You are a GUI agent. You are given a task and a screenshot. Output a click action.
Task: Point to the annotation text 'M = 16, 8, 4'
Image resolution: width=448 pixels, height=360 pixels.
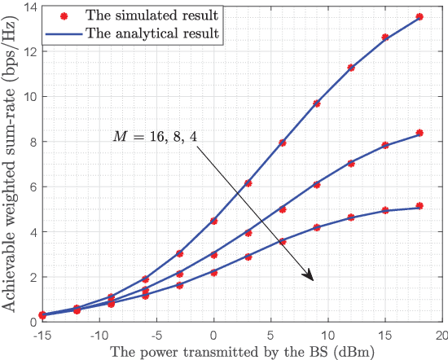pos(155,135)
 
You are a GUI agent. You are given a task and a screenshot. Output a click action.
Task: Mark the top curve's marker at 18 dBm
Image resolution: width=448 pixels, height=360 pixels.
pos(419,16)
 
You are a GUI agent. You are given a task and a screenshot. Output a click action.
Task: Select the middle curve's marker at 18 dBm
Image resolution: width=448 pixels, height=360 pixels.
pos(419,133)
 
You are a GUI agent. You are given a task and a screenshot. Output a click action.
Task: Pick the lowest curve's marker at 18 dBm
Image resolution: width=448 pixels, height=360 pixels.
pos(419,206)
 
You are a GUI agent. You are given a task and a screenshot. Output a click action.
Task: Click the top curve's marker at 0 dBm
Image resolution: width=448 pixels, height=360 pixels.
pos(213,221)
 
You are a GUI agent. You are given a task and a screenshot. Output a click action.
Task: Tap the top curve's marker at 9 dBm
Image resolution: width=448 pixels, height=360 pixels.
pos(317,103)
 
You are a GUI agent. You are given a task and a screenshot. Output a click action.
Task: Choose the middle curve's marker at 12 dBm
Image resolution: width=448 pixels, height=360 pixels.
pos(351,163)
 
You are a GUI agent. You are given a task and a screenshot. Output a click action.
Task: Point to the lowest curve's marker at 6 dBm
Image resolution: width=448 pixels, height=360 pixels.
pos(283,241)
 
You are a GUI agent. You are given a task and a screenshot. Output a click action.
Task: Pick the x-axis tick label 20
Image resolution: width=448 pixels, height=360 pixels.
pos(441,336)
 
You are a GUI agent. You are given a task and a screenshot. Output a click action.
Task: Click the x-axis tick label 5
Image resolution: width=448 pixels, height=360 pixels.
pos(270,336)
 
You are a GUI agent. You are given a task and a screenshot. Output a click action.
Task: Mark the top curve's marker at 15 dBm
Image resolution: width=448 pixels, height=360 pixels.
pos(385,37)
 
